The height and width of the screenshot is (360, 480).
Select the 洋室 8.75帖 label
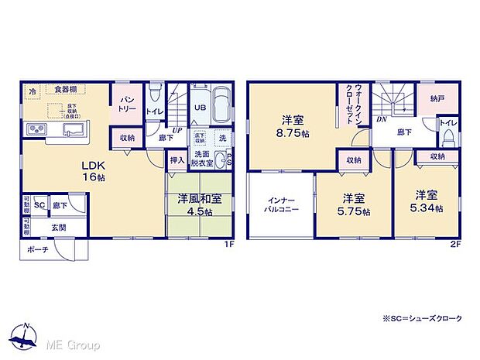click(x=291, y=126)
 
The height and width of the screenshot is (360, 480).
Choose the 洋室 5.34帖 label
click(x=427, y=201)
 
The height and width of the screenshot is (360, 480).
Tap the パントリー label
click(x=128, y=105)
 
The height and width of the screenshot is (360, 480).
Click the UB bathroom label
click(x=200, y=108)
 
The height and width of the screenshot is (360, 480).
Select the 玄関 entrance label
click(x=59, y=227)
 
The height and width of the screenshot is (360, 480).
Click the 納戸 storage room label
click(x=438, y=98)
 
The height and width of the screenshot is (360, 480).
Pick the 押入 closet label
click(x=177, y=160)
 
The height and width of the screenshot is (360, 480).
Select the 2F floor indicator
click(x=458, y=244)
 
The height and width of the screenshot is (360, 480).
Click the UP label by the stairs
click(x=178, y=129)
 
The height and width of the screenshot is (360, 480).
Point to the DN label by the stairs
click(x=382, y=119)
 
